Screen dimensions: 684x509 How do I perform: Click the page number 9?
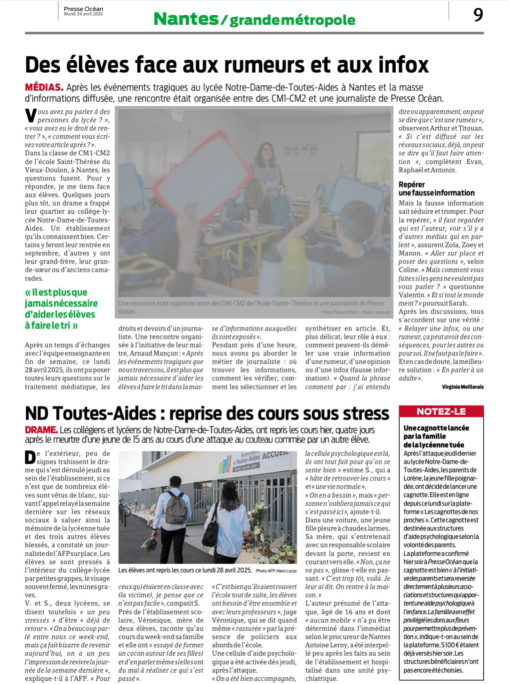[x=478, y=15]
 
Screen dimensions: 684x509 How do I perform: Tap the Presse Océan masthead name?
[x=83, y=9]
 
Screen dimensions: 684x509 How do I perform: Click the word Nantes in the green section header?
[x=185, y=19]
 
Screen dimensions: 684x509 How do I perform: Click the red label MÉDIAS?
[x=44, y=87]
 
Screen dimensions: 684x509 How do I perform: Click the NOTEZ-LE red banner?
[x=441, y=412]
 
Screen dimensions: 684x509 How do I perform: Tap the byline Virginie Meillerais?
[x=462, y=387]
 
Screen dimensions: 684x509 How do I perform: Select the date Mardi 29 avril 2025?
[x=83, y=14]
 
